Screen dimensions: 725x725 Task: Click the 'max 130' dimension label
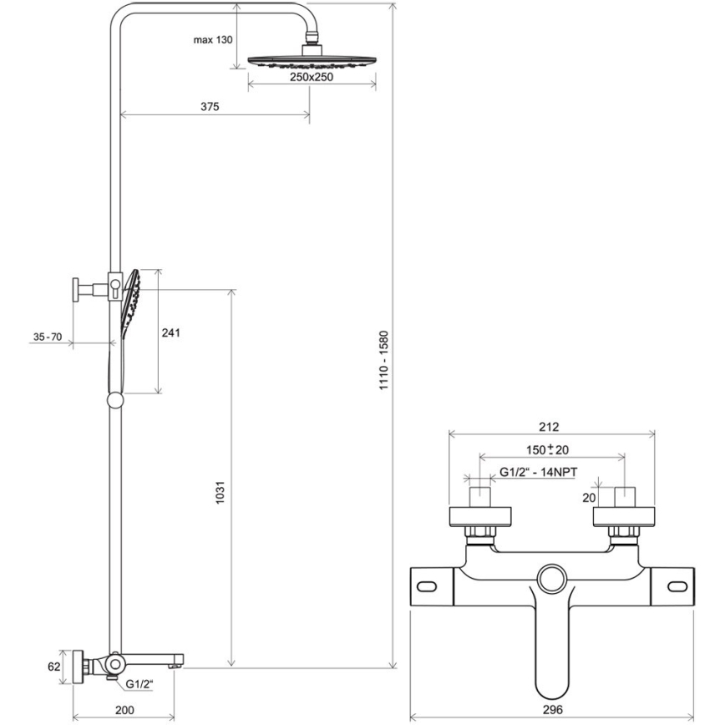212,39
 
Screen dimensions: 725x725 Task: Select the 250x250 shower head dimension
312,77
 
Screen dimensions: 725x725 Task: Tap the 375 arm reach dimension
209,106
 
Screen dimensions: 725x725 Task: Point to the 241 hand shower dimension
170,332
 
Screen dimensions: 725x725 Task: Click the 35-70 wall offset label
48,337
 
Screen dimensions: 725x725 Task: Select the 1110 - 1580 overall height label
383,362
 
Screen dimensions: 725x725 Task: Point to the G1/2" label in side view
140,684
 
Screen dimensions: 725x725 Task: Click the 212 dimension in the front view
549,427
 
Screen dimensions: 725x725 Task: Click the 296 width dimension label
552,709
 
